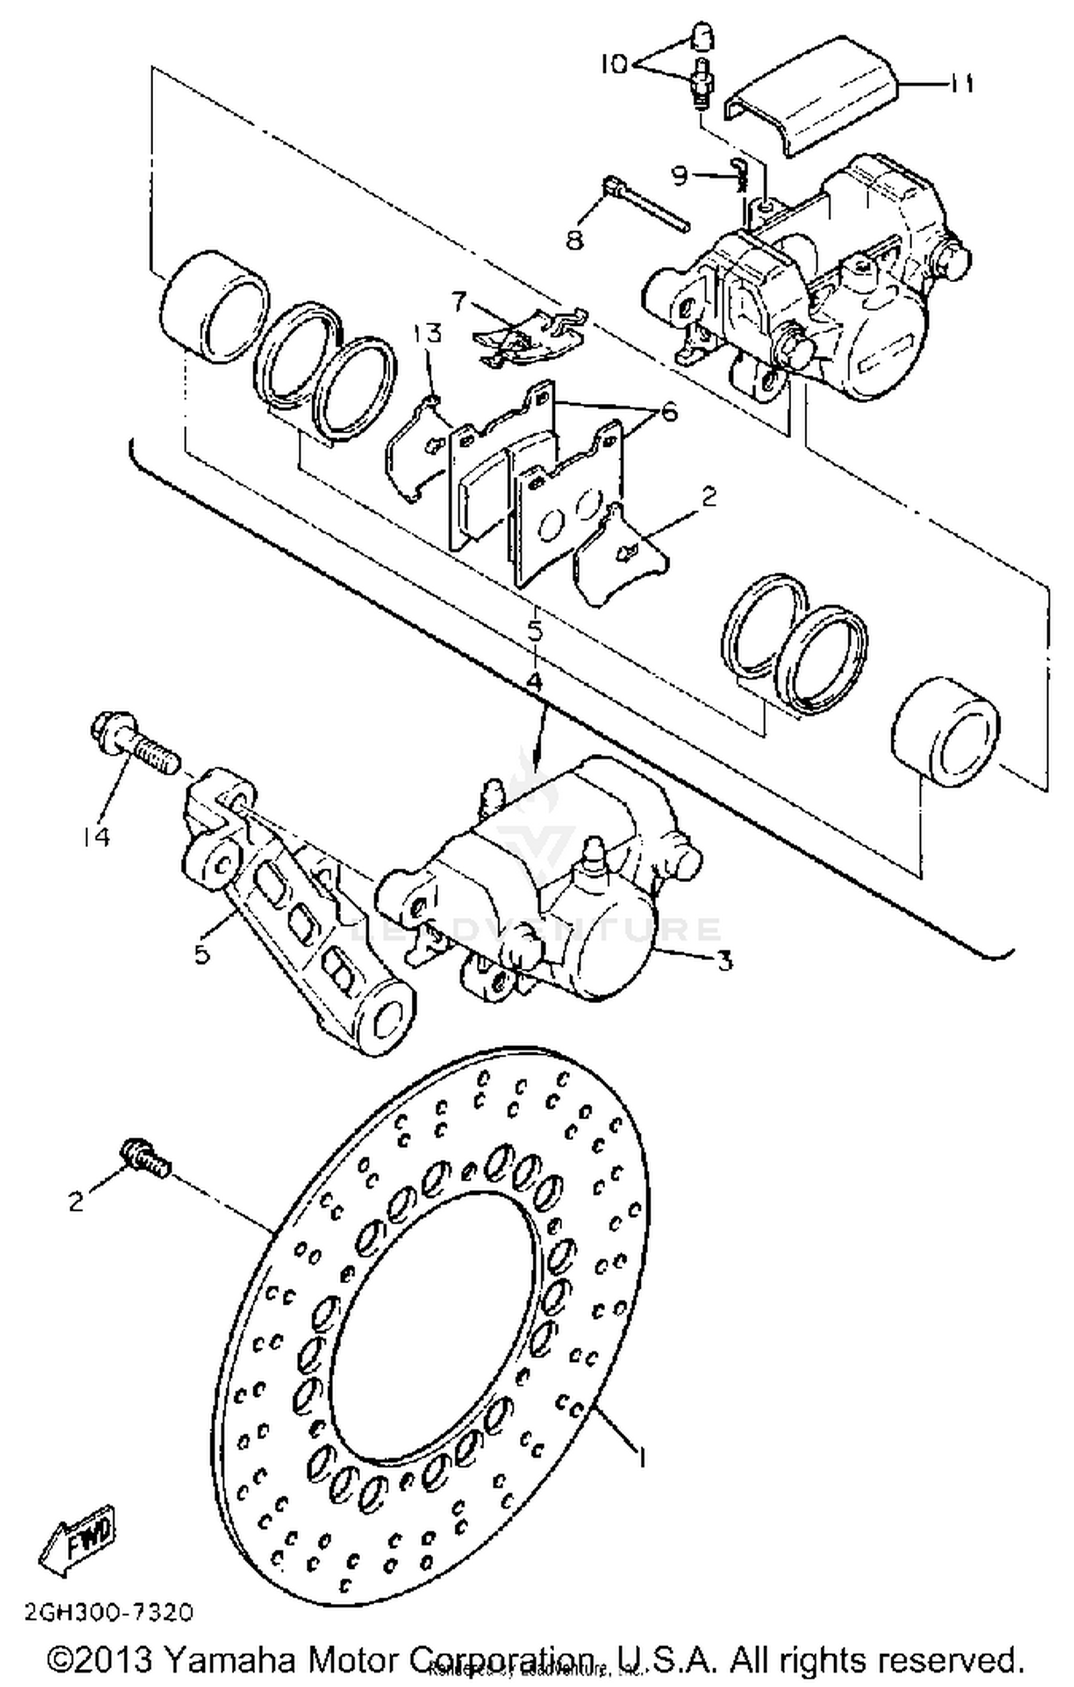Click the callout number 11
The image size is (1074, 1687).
coord(962,84)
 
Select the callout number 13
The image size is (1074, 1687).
coord(427,334)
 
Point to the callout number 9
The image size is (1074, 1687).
coord(679,175)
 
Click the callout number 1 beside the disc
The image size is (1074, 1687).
coord(642,1456)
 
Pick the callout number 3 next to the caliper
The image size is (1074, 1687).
coord(725,960)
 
